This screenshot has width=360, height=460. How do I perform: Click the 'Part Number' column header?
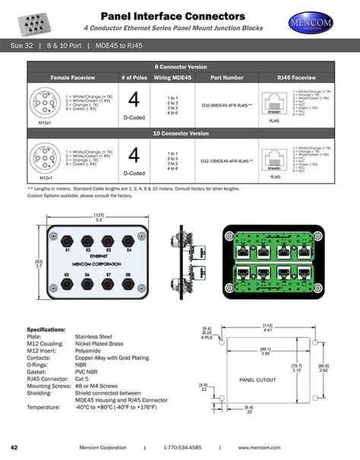coord(227,77)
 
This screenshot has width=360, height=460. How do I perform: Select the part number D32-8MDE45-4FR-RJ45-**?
coord(227,104)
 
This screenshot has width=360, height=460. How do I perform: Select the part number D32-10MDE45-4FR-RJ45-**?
coord(227,160)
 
